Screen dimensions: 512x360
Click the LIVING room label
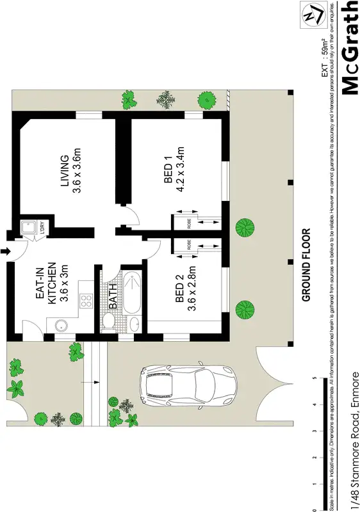(64, 172)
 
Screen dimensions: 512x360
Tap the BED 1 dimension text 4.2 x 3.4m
(181, 173)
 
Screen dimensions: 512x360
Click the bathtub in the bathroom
(133, 292)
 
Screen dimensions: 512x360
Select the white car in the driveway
(187, 385)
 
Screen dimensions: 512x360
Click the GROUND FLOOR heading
(306, 265)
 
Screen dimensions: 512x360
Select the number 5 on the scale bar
(315, 378)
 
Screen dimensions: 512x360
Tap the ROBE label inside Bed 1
(189, 222)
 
